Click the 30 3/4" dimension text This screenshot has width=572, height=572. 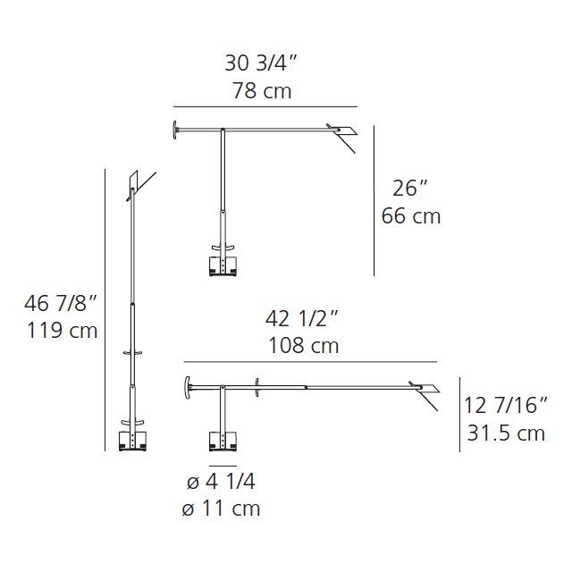261,63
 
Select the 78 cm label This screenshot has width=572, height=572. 262,91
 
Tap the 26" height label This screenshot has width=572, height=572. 409,189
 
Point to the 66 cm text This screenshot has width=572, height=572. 411,216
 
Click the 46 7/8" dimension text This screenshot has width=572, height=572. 61,303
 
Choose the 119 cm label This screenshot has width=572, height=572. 63,331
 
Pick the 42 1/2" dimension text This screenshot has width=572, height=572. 302,318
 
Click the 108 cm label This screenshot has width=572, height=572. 304,346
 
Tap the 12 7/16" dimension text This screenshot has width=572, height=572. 506,405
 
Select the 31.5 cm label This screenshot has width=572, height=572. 507,433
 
